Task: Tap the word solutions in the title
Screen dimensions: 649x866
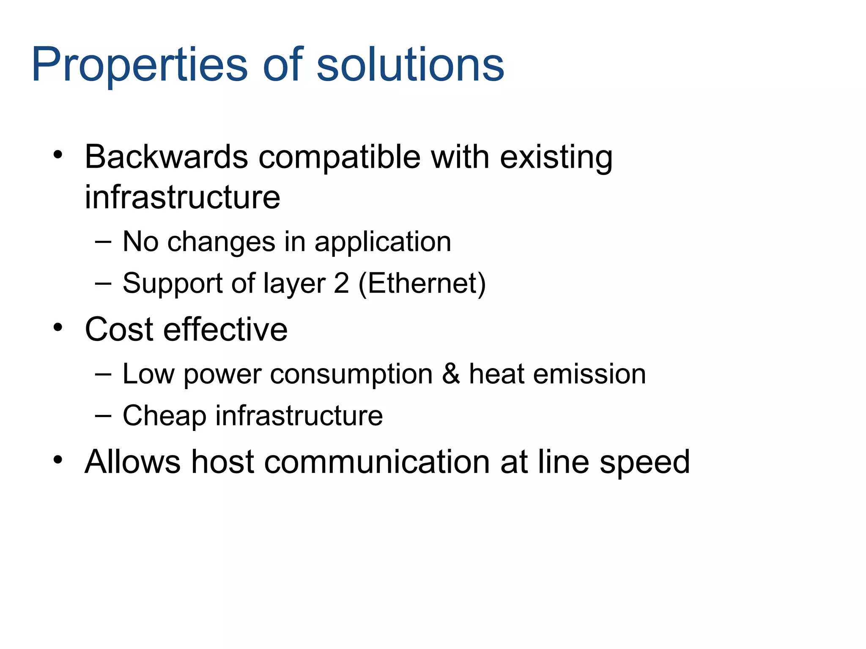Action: [410, 64]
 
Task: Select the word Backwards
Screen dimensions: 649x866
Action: [166, 157]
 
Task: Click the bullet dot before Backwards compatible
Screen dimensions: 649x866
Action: [58, 155]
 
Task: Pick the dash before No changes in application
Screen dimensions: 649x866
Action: [103, 242]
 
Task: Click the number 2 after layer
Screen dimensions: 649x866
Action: [341, 283]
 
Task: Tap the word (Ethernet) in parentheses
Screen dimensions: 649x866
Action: [422, 284]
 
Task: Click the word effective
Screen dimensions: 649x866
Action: [225, 329]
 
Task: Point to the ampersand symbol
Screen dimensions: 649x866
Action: [451, 374]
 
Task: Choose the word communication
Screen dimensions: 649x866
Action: [377, 462]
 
